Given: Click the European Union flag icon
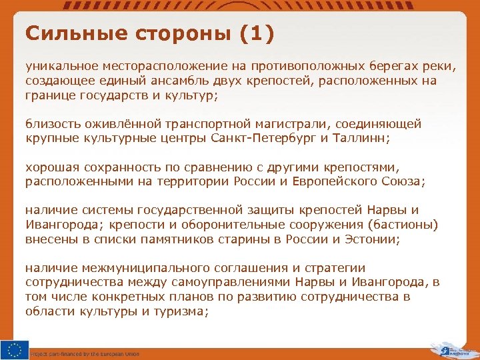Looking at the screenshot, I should coord(15,349).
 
